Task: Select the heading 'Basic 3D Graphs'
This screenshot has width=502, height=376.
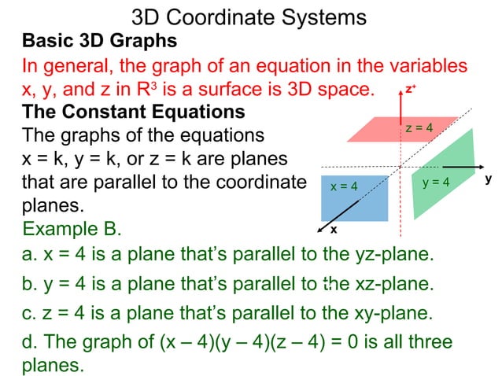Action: (99, 40)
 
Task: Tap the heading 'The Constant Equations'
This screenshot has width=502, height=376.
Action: (133, 111)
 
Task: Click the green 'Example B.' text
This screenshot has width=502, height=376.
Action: (72, 229)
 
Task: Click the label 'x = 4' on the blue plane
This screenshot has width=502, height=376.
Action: (344, 186)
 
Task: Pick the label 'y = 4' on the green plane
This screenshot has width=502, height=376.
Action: (436, 182)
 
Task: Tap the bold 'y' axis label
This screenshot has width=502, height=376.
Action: (488, 179)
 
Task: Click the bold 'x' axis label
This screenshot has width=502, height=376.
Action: (333, 230)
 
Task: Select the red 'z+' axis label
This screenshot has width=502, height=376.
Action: (410, 90)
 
